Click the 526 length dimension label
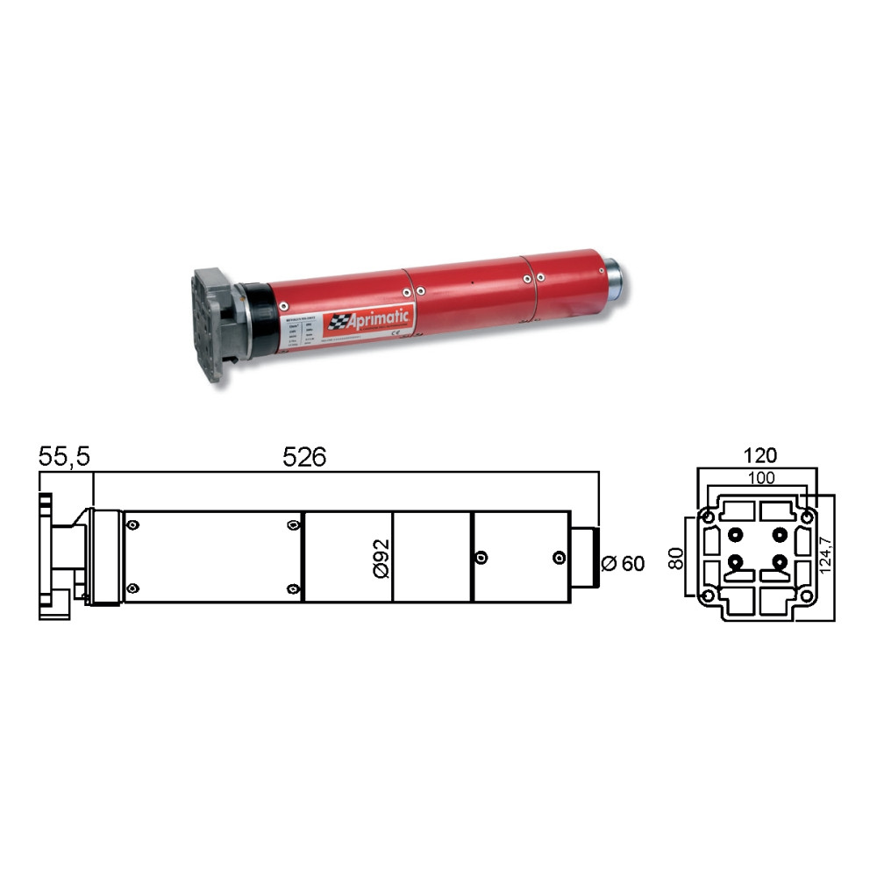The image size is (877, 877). (x=304, y=457)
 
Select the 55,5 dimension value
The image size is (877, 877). (x=63, y=457)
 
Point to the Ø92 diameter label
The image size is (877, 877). (x=380, y=557)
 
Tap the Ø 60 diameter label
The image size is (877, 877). (x=624, y=564)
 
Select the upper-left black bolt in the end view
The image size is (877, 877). (x=736, y=533)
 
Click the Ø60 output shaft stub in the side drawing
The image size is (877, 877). (x=585, y=558)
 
